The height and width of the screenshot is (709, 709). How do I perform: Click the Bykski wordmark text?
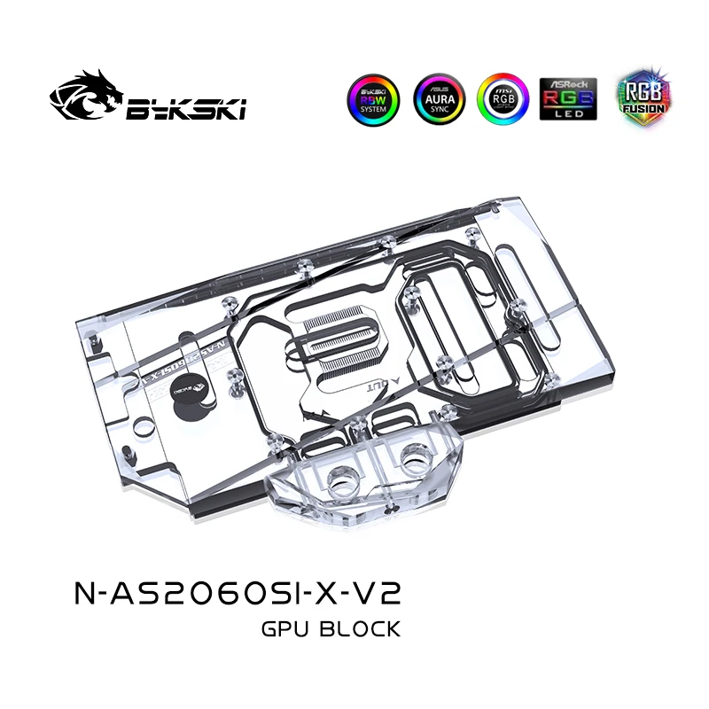pos(187,109)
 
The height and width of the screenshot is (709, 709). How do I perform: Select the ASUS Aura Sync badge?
pos(439,98)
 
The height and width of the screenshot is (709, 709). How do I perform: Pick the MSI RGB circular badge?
pos(503,98)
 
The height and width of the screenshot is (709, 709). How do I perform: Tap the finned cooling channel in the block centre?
pos(338,351)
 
